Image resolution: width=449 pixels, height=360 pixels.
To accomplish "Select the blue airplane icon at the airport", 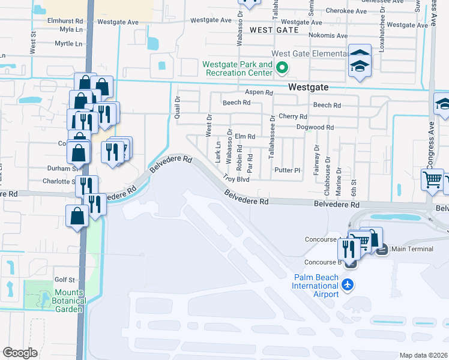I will (x=347, y=285).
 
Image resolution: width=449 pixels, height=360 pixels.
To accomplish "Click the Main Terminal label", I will (x=411, y=248).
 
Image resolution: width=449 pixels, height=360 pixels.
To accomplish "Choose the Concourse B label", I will (x=323, y=262).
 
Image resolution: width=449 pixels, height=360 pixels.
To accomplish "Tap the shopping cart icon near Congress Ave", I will (x=432, y=179).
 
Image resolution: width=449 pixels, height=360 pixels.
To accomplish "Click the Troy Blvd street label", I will (x=236, y=178).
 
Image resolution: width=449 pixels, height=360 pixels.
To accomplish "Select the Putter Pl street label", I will (x=287, y=170).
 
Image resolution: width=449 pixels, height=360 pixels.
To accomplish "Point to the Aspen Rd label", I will (x=259, y=92).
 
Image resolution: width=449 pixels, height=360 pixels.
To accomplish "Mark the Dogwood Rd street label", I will (x=315, y=127).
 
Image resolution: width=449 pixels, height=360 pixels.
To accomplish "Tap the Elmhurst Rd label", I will (x=65, y=20).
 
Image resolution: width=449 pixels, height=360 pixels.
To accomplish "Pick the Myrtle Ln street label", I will (x=68, y=44).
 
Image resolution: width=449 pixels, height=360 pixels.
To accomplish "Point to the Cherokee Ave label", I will (x=345, y=11).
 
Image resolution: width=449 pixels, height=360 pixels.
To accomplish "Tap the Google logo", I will (x=20, y=353).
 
